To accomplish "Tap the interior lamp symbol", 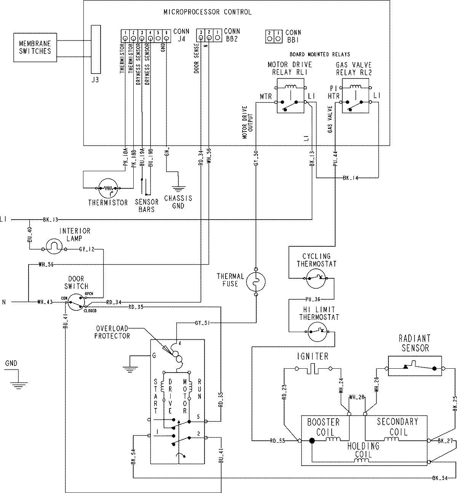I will [x=54, y=249].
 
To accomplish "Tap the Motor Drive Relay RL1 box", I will [x=290, y=96].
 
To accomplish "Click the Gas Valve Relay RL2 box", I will [x=356, y=96].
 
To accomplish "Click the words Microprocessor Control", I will [x=207, y=12].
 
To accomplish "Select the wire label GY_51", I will [x=202, y=323].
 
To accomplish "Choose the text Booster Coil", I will [x=323, y=427].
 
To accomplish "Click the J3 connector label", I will [x=96, y=80].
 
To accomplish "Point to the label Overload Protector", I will [x=112, y=332].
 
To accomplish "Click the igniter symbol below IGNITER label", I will [x=313, y=369].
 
